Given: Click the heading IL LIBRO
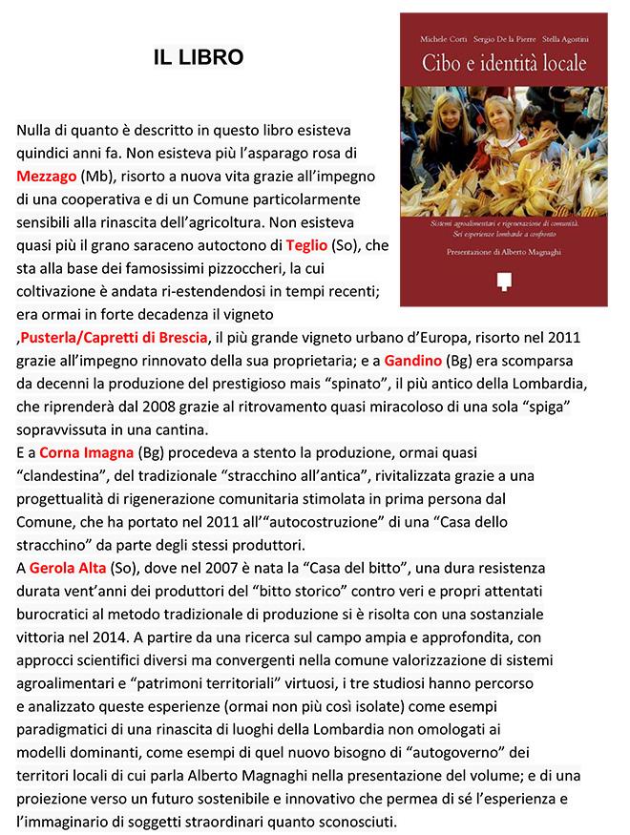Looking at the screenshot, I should click(x=199, y=58).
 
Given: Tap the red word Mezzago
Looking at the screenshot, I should click(x=47, y=177).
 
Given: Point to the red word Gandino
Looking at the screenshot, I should click(x=414, y=362).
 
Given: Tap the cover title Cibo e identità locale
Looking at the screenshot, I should click(x=503, y=64).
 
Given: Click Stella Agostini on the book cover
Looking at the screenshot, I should click(x=560, y=39).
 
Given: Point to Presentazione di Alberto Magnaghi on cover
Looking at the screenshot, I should click(x=503, y=253).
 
